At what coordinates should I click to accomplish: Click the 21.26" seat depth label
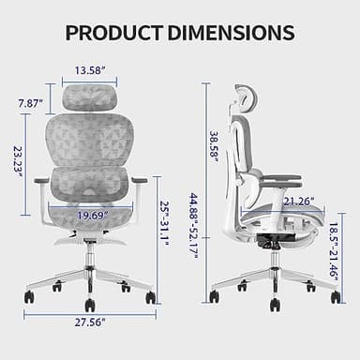click(x=272, y=200)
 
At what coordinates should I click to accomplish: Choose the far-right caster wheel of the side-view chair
click(x=336, y=296)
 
